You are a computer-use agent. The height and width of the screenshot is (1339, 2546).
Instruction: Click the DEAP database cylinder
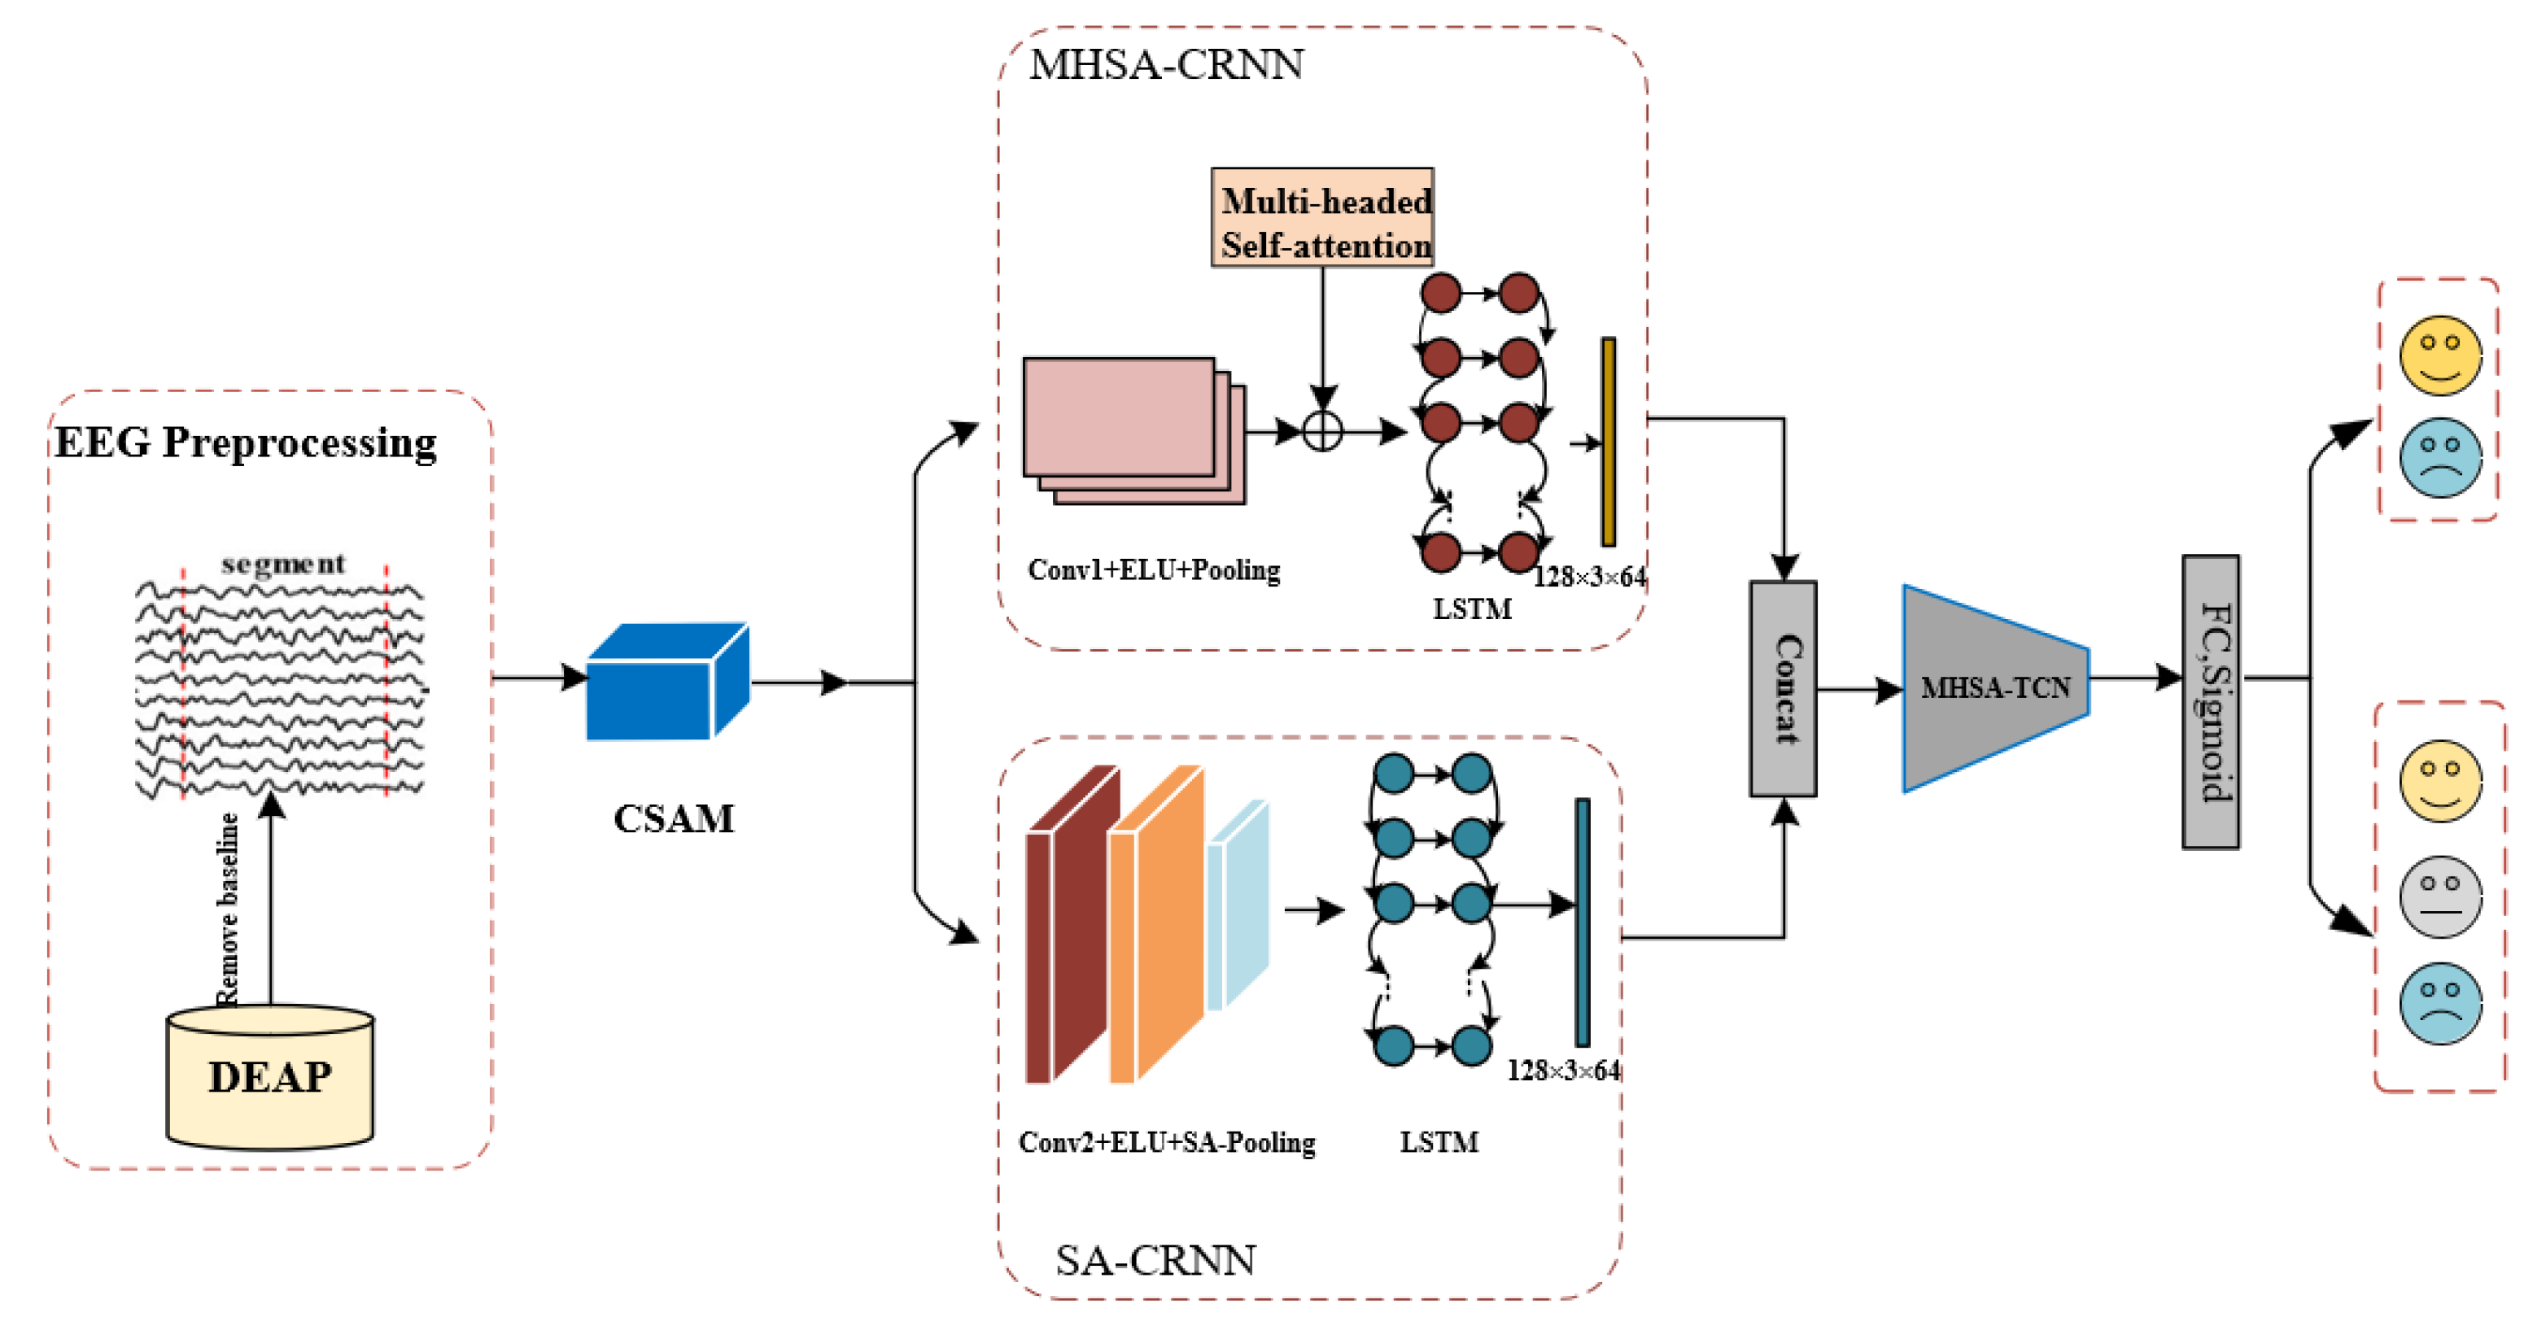point(270,1077)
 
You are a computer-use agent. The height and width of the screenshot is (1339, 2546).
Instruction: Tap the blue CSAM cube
point(667,683)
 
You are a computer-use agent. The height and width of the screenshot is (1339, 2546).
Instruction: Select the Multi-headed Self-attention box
point(1322,218)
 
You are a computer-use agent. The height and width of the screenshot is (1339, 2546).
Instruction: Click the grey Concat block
point(1783,689)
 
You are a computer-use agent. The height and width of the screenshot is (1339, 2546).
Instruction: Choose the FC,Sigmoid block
point(2211,701)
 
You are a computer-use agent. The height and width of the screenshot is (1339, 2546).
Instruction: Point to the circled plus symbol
point(1322,432)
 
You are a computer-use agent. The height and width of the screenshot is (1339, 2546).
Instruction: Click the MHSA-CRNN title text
point(1166,65)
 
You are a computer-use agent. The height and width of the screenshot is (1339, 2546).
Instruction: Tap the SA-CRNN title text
point(1155,1261)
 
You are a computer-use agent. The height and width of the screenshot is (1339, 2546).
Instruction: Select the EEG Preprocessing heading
point(245,443)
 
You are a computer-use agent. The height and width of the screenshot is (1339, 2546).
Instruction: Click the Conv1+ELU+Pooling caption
point(1154,570)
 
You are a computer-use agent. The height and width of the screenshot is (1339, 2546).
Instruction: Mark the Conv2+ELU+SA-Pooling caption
point(1166,1143)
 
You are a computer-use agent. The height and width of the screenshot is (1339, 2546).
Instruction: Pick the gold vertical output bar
point(1608,442)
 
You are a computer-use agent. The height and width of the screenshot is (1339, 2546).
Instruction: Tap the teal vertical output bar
point(1583,922)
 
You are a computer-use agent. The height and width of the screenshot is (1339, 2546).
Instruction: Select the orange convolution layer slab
point(1155,924)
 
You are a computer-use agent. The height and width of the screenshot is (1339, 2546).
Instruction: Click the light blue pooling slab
point(1238,905)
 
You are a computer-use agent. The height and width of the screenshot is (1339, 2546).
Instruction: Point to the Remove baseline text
point(229,909)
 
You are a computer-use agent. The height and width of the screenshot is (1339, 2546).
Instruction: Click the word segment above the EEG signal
point(284,565)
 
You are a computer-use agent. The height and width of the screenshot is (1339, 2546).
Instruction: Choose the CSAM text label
point(674,819)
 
